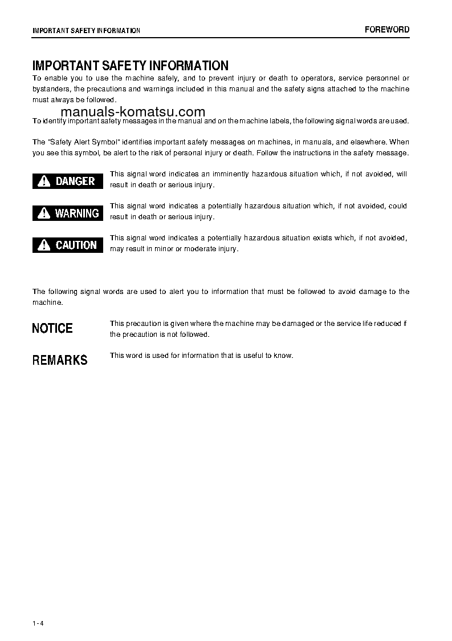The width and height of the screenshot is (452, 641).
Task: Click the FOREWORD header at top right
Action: click(387, 30)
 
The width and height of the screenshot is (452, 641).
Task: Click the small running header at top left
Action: click(86, 30)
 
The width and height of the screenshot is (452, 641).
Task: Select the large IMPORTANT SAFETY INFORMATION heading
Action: click(131, 66)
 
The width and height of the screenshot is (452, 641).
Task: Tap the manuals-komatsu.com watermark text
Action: click(132, 112)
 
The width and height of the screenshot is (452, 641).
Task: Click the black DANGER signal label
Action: click(68, 181)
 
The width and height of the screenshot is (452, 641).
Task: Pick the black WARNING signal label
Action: click(68, 213)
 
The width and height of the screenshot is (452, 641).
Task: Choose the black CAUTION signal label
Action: click(68, 245)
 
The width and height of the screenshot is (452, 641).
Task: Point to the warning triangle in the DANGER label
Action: click(43, 182)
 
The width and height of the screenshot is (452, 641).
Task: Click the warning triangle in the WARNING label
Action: click(43, 213)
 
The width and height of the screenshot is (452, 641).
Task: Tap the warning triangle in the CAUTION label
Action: click(43, 245)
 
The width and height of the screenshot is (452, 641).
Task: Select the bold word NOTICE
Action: click(52, 328)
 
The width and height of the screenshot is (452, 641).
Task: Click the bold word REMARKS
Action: click(60, 360)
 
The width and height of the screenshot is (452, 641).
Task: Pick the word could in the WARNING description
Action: click(398, 205)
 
